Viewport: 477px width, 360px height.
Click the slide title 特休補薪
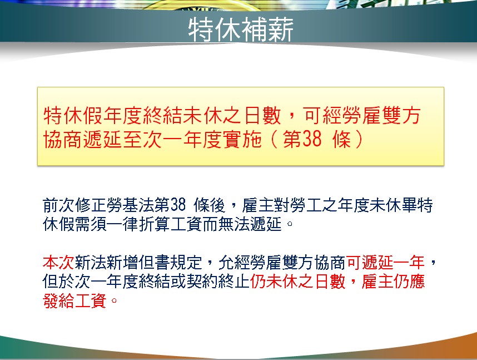coord(241,29)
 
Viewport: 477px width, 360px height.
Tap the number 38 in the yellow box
coord(312,139)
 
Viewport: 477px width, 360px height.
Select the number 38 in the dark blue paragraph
coord(178,205)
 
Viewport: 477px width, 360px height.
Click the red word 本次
coord(58,262)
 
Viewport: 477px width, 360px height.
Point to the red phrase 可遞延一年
coord(385,262)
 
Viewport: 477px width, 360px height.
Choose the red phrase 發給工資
coord(74,300)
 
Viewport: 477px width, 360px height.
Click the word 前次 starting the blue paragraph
coord(58,205)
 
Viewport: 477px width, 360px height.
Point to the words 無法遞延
coord(250,224)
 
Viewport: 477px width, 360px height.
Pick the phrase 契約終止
coord(218,282)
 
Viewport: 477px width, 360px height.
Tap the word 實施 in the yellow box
coord(242,139)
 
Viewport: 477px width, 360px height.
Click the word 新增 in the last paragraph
coord(122,262)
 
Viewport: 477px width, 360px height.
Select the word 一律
coord(122,224)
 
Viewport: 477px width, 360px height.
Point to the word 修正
coord(91,205)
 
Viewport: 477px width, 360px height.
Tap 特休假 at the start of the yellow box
coord(73,115)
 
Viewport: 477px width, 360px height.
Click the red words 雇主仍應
coord(393,282)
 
